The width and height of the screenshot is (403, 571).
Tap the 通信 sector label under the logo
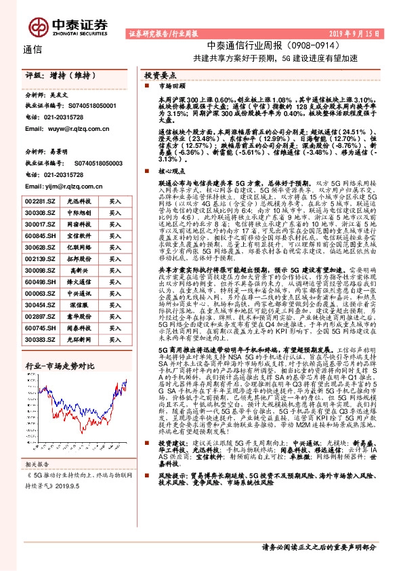(32, 49)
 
